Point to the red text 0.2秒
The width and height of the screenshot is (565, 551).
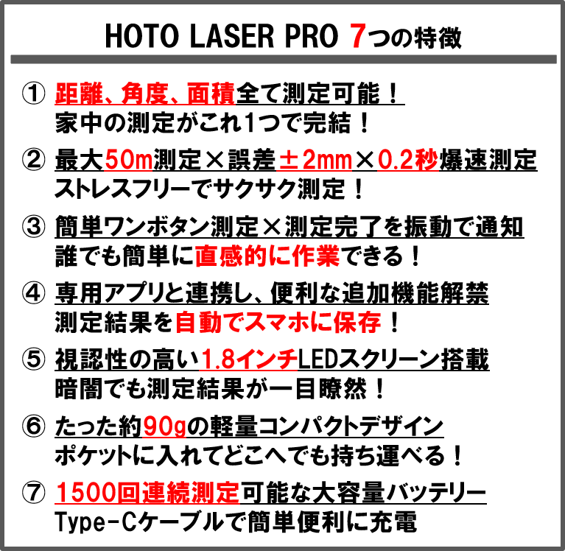pos(407,159)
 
